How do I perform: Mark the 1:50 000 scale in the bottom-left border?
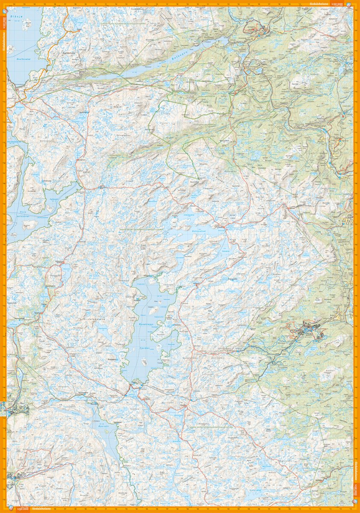click(x=22, y=509)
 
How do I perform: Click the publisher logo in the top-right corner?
click(x=350, y=4)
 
